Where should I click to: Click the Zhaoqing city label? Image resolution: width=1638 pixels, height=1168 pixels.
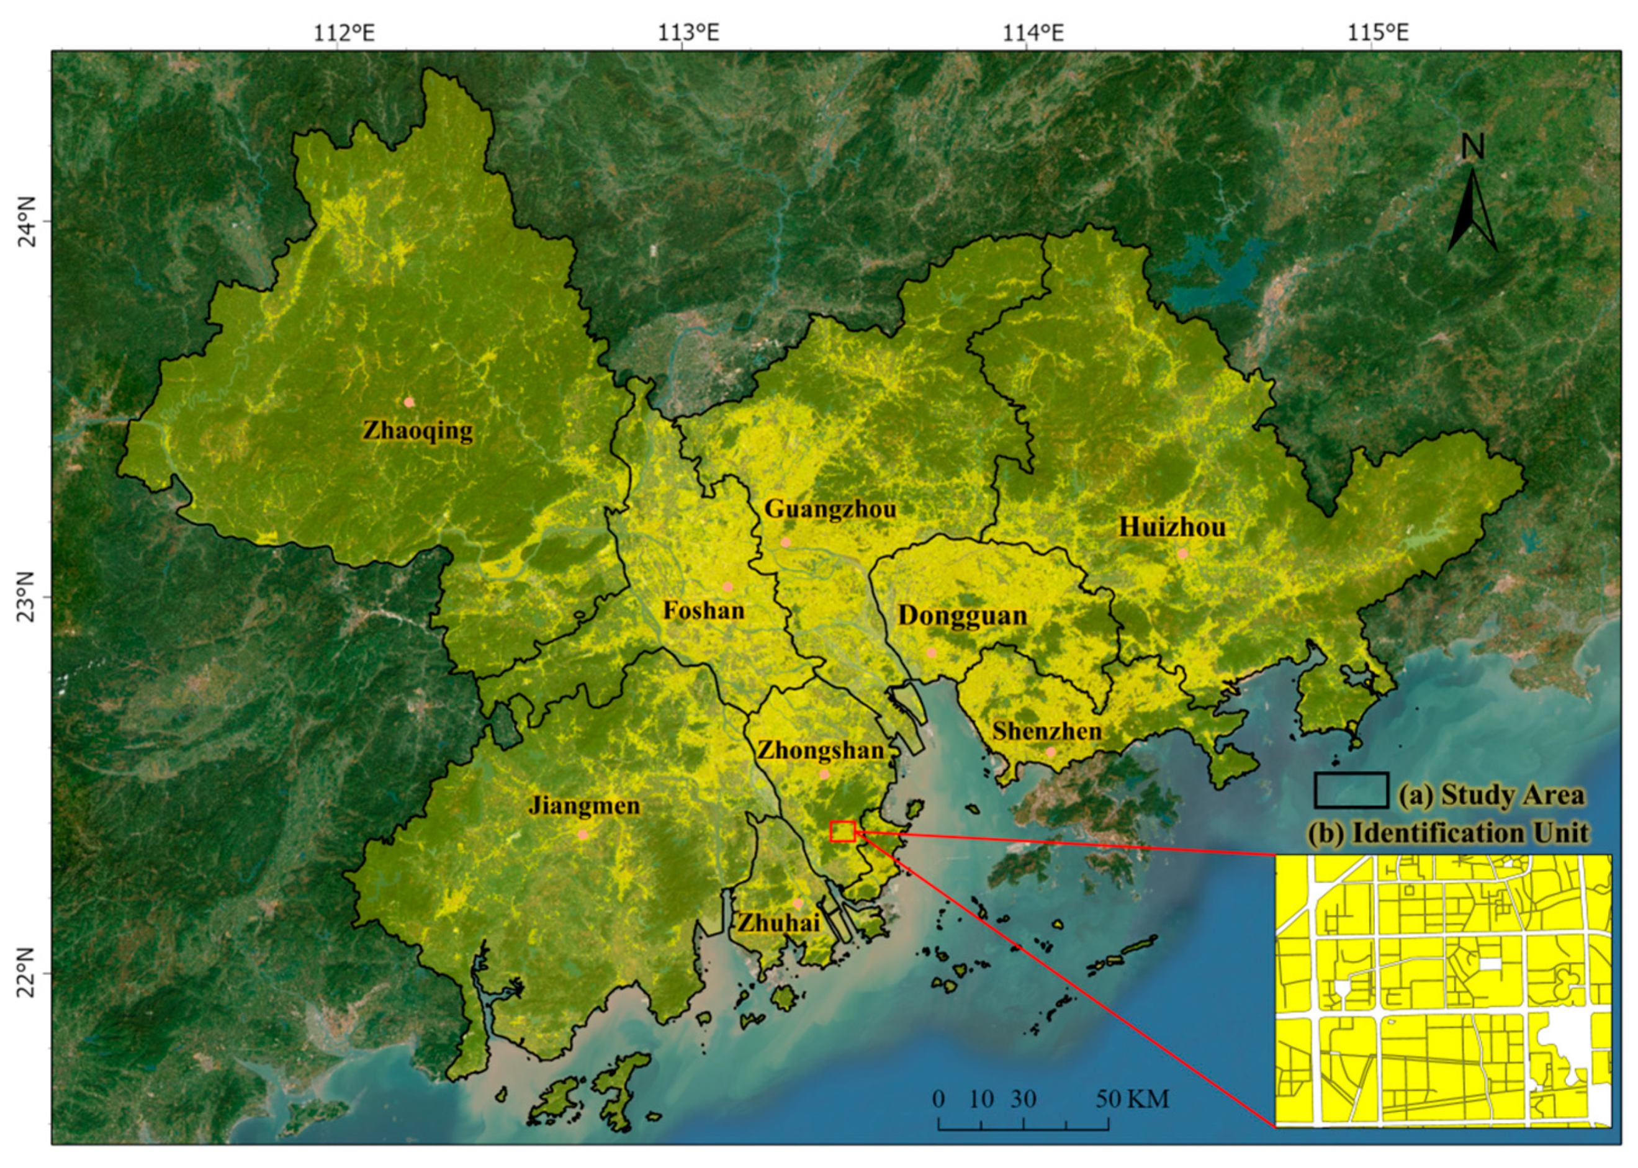pyautogui.click(x=417, y=430)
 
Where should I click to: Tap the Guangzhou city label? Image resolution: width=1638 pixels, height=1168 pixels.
pyautogui.click(x=830, y=509)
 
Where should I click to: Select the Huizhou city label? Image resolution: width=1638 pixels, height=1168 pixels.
pyautogui.click(x=1172, y=526)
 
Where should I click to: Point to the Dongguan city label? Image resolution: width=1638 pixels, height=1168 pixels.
pyautogui.click(x=962, y=616)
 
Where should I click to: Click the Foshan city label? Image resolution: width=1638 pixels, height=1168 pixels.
pyautogui.click(x=703, y=611)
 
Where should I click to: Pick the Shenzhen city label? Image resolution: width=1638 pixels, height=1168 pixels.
pyautogui.click(x=1046, y=732)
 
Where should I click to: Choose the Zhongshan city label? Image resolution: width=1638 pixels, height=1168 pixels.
pyautogui.click(x=820, y=751)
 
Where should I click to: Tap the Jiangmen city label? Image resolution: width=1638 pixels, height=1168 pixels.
pyautogui.click(x=583, y=806)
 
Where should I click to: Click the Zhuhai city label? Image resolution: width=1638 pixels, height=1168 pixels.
pyautogui.click(x=779, y=923)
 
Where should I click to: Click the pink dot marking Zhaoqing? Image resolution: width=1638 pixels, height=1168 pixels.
pyautogui.click(x=409, y=402)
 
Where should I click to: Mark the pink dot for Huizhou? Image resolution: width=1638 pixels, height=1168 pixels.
pyautogui.click(x=1182, y=554)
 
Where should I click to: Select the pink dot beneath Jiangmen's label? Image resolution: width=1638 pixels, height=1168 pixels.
pyautogui.click(x=583, y=835)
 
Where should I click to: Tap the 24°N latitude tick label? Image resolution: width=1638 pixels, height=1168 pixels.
pyautogui.click(x=27, y=221)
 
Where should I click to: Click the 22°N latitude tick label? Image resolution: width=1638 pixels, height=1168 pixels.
pyautogui.click(x=27, y=973)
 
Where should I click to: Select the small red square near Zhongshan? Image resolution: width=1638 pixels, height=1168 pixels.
pyautogui.click(x=842, y=832)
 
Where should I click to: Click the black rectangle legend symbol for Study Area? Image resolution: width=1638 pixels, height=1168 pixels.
pyautogui.click(x=1351, y=789)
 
